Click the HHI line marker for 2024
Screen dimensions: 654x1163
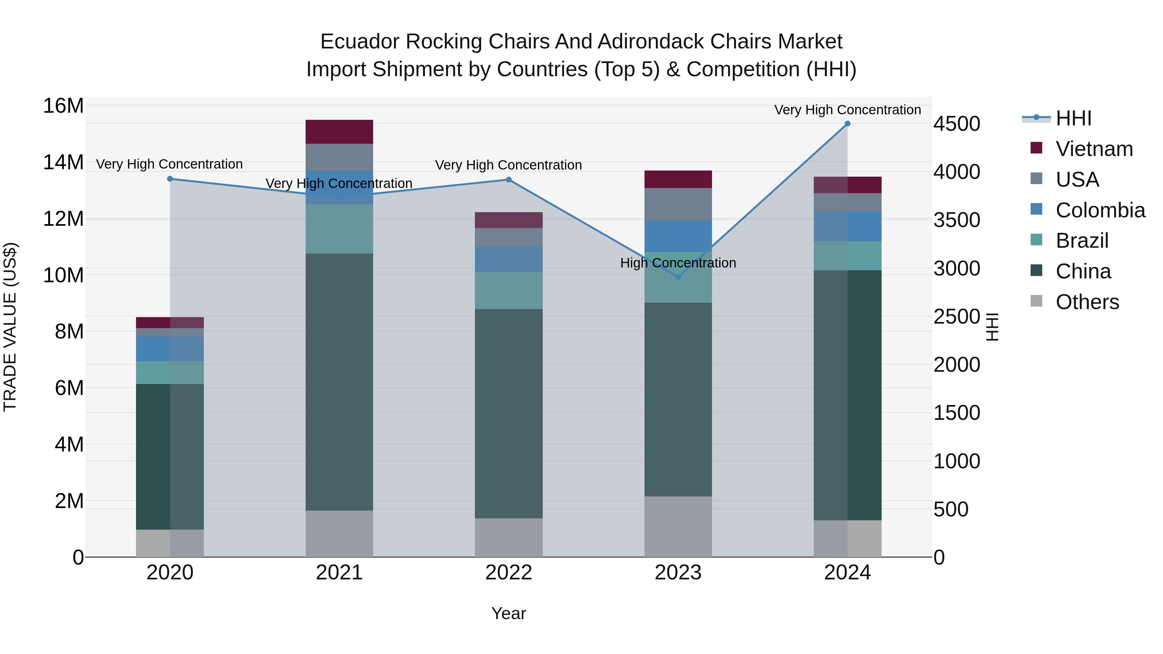847,124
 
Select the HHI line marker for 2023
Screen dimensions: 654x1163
678,277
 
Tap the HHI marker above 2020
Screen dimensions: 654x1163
170,179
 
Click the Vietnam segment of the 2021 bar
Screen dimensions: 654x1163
339,132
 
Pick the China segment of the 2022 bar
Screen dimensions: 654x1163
508,413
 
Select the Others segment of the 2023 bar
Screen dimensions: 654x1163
678,526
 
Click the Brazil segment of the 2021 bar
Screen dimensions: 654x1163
339,229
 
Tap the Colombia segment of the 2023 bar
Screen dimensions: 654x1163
678,236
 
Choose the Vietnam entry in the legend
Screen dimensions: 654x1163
1094,149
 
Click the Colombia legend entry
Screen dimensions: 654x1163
1100,210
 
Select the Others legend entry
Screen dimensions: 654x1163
1087,302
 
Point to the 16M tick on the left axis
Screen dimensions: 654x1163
63,106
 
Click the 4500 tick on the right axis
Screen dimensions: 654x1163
957,124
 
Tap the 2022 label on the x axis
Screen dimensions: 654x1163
508,573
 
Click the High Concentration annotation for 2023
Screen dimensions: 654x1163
678,263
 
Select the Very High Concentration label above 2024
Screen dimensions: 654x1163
847,110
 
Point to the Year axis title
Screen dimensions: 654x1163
508,613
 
